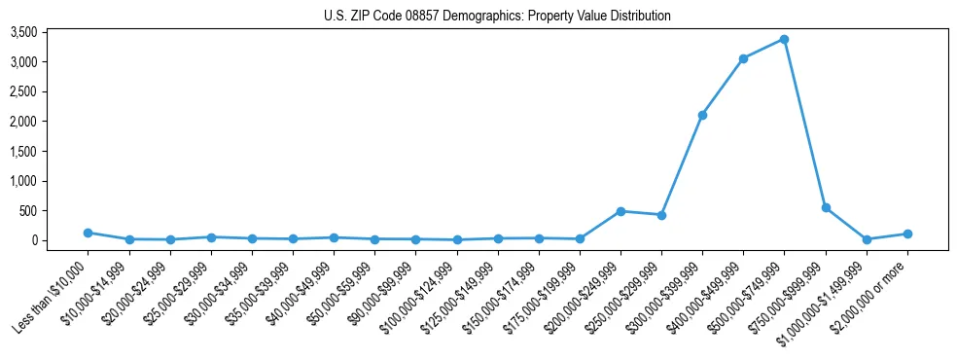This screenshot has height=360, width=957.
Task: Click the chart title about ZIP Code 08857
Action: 497,16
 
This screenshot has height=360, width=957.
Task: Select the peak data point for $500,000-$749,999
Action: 784,40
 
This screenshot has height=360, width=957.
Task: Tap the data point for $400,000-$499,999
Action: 743,58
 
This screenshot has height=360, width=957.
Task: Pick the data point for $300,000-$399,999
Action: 702,115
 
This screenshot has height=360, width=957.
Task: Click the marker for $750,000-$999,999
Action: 826,207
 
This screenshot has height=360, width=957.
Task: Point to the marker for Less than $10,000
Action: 88,233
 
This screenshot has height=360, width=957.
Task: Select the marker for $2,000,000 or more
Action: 907,234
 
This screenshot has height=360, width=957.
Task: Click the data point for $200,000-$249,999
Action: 620,211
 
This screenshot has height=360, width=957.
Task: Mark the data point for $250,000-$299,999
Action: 661,215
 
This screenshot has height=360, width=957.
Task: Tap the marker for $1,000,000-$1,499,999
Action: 867,239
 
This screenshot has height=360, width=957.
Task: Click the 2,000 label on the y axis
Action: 51,122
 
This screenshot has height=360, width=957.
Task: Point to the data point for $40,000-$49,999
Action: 334,237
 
